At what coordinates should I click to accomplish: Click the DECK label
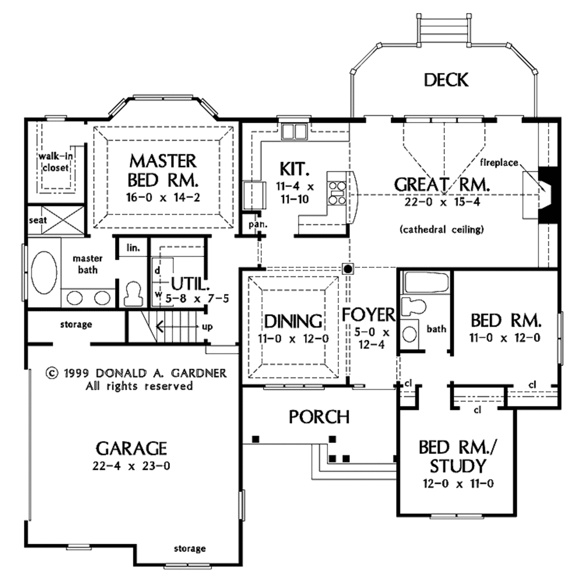click(x=446, y=80)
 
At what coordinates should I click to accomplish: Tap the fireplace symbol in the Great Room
click(x=545, y=194)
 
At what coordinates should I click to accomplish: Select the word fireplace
click(x=499, y=163)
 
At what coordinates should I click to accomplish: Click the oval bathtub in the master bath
click(x=44, y=273)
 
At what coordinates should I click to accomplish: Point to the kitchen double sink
click(x=294, y=132)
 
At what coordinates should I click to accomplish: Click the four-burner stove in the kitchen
click(x=336, y=192)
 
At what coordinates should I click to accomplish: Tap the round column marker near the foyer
click(x=347, y=268)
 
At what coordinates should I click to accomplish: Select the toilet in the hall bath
click(x=413, y=306)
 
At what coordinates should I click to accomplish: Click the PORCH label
click(x=319, y=417)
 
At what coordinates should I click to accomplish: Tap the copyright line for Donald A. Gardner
click(x=136, y=373)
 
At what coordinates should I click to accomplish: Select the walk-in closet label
click(x=54, y=162)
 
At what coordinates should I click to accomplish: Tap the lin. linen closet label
click(x=132, y=248)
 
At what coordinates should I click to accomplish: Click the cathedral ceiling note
click(x=442, y=230)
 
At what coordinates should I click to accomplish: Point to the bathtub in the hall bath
click(x=425, y=282)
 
